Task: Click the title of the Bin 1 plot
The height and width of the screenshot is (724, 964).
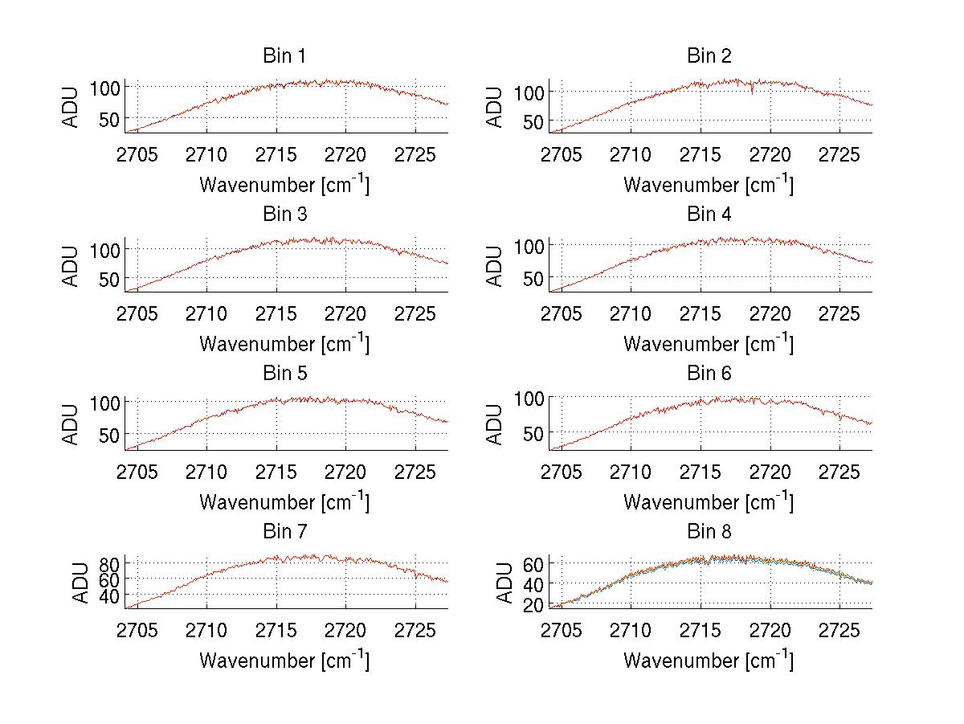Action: [x=284, y=56]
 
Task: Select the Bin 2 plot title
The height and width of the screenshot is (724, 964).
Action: [x=709, y=56]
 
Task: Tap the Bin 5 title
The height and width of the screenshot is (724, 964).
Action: [x=284, y=374]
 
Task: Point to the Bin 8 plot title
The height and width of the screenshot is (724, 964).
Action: [x=709, y=532]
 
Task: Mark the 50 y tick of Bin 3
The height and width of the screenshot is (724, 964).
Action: [x=108, y=279]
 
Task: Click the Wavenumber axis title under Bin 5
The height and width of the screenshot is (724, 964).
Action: [x=284, y=502]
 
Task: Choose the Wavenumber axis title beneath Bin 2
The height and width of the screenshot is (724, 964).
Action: [x=709, y=185]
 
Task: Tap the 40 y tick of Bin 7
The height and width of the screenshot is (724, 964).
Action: [x=109, y=595]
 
